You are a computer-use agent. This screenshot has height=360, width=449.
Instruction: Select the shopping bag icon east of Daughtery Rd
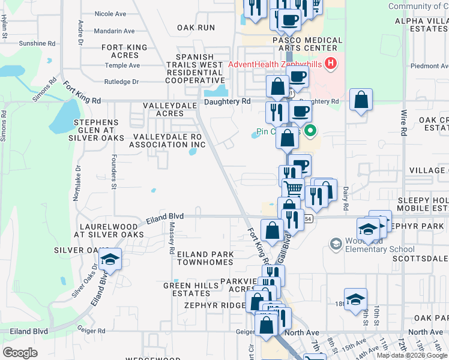pos(361,100)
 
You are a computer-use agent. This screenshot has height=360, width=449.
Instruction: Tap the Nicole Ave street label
pos(110,13)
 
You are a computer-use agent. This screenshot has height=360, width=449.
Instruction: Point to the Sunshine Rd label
pos(37,44)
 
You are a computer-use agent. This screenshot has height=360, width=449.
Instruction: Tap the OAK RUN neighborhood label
pos(196,28)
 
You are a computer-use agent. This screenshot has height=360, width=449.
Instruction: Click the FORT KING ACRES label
pos(124,51)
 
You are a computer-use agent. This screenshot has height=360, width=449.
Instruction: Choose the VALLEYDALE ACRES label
pos(163,109)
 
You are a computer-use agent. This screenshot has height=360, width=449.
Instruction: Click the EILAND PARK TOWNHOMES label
pos(205,259)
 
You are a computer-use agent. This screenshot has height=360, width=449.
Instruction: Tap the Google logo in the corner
pos(20,352)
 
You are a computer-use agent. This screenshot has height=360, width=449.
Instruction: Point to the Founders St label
pos(113,172)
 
